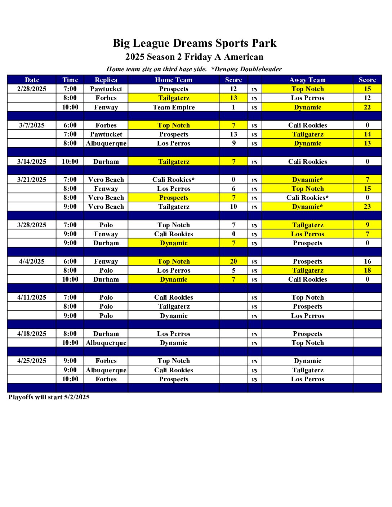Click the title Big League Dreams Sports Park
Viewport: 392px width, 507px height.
pyautogui.click(x=195, y=43)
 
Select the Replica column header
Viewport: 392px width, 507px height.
pyautogui.click(x=106, y=80)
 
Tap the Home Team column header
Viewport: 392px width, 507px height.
pyautogui.click(x=174, y=80)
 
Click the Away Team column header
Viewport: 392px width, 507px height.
pyautogui.click(x=307, y=80)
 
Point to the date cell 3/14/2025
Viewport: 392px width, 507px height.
pyautogui.click(x=32, y=162)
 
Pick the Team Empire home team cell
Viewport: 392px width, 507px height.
pyautogui.click(x=174, y=107)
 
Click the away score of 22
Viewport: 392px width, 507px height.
pyautogui.click(x=367, y=107)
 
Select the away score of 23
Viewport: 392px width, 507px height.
pyautogui.click(x=367, y=207)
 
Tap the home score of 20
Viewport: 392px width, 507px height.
pyautogui.click(x=233, y=261)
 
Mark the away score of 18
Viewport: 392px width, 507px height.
pyautogui.click(x=367, y=270)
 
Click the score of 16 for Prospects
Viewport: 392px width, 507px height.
pyautogui.click(x=367, y=261)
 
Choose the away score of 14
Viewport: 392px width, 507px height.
pyautogui.click(x=367, y=134)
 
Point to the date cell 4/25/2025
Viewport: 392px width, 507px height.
pyautogui.click(x=32, y=361)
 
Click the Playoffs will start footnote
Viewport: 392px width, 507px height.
pyautogui.click(x=49, y=397)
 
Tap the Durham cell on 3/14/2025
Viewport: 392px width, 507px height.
pyautogui.click(x=106, y=162)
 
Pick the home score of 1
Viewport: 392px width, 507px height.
pyautogui.click(x=233, y=107)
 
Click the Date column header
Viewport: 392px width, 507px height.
pyautogui.click(x=32, y=80)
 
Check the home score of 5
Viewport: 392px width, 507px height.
pyautogui.click(x=233, y=270)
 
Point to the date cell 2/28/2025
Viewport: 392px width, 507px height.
pyautogui.click(x=32, y=89)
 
